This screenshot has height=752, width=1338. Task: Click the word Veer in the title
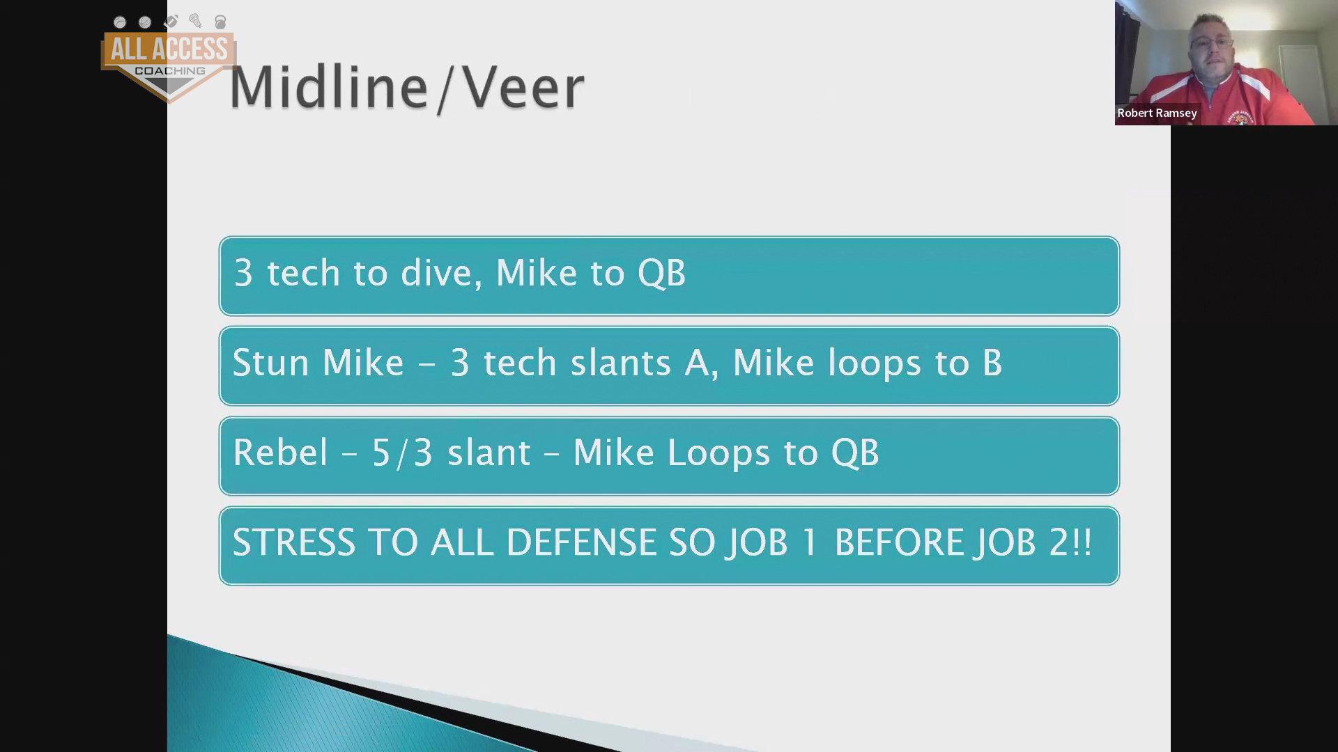(523, 87)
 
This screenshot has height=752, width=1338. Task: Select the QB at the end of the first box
(662, 273)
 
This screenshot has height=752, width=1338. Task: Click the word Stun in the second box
(270, 363)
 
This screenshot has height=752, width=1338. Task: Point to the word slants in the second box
(620, 363)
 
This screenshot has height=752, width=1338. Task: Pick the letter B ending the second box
(992, 363)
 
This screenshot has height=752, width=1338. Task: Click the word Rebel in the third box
(280, 453)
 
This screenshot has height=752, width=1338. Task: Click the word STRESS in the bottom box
(293, 542)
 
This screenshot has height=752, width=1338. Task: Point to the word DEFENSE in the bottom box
(581, 542)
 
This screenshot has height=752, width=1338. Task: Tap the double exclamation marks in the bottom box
(1082, 542)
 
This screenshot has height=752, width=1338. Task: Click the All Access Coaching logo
(169, 59)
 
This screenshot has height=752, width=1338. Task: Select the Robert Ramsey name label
(1157, 113)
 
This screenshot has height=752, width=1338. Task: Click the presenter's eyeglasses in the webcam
(1212, 43)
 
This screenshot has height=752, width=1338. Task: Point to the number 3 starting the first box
(243, 273)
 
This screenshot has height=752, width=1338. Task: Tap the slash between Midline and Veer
(443, 88)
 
